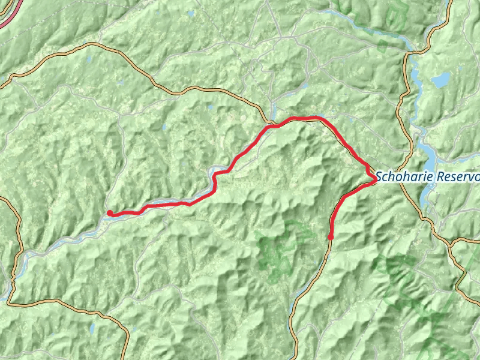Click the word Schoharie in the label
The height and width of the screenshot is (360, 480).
point(406,178)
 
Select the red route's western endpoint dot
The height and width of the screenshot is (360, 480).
point(110,212)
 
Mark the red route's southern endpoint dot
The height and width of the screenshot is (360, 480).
point(331,238)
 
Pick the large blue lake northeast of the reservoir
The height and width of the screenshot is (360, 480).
point(442,80)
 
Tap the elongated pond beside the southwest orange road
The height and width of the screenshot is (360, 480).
point(91,328)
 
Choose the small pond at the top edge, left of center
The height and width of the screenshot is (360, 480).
point(191,13)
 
